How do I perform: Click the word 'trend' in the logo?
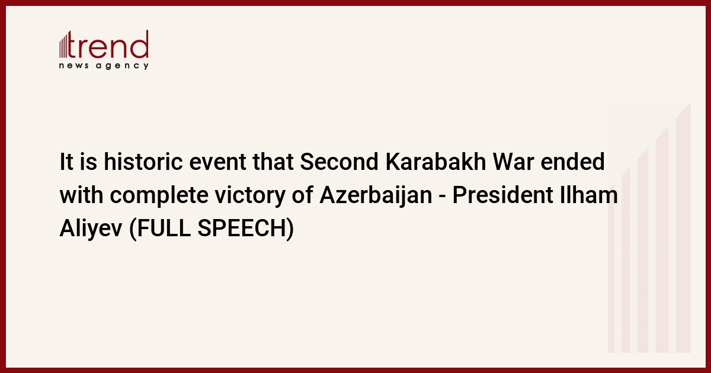[x=108, y=44]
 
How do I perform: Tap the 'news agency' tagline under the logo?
[x=104, y=66]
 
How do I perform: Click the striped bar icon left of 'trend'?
[x=63, y=46]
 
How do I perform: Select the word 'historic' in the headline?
[x=143, y=162]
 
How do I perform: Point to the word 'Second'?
[x=340, y=162]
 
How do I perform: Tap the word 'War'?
[x=513, y=162]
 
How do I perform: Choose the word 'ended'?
[x=572, y=162]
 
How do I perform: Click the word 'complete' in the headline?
[x=159, y=196]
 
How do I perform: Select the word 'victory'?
[x=250, y=196]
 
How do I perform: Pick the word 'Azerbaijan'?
[x=376, y=195]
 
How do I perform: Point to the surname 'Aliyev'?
[x=91, y=229]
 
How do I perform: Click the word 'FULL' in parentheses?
[x=164, y=228]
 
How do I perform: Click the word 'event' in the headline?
[x=217, y=162]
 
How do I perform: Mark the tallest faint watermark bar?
[x=683, y=227]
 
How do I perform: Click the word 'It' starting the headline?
[x=66, y=162]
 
